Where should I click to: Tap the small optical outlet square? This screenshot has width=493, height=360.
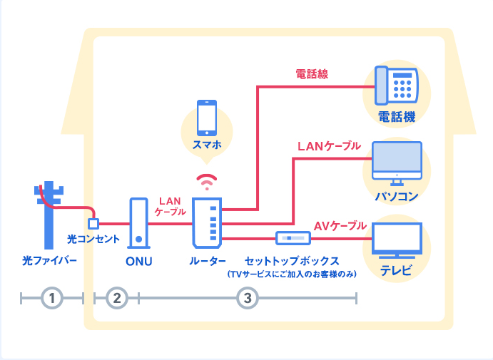click(93, 224)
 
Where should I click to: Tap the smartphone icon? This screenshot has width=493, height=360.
click(207, 118)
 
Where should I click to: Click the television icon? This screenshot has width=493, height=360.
click(397, 241)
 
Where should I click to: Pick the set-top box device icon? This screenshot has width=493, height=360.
click(293, 237)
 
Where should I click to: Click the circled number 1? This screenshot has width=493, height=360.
click(52, 298)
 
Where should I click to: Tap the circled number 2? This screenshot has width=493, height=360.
click(116, 298)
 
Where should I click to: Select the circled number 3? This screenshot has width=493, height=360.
click(247, 298)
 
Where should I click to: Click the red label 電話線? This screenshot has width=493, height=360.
click(312, 73)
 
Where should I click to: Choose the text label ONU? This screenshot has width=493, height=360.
click(138, 261)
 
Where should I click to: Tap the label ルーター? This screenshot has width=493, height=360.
click(208, 261)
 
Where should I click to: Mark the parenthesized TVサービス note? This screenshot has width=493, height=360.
click(291, 274)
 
